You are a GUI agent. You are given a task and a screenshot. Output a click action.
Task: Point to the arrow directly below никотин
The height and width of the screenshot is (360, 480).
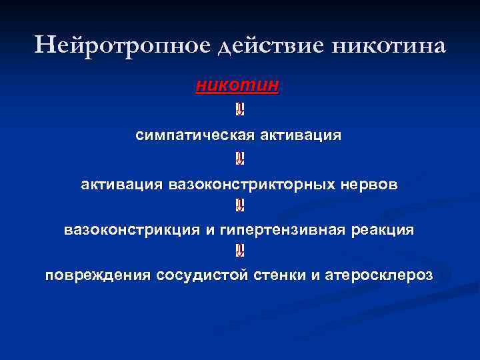pyautogui.click(x=239, y=109)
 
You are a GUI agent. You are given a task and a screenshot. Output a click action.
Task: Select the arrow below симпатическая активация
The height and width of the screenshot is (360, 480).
pyautogui.click(x=239, y=159)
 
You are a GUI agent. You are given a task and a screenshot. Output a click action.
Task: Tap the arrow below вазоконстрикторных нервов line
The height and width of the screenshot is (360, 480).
pyautogui.click(x=239, y=205)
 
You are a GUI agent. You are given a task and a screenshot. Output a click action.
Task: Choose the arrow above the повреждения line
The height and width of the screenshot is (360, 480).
pyautogui.click(x=239, y=251)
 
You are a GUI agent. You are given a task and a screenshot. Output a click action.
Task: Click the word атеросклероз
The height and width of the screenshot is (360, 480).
pyautogui.click(x=377, y=275)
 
